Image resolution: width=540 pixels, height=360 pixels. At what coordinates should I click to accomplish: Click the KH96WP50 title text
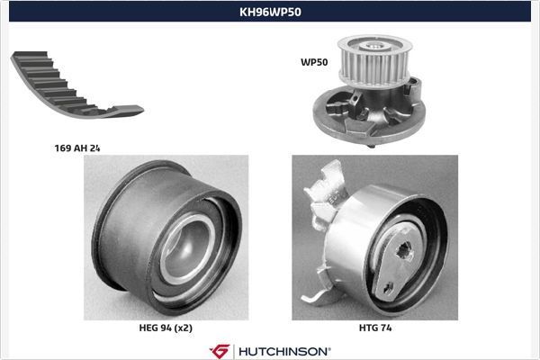270,13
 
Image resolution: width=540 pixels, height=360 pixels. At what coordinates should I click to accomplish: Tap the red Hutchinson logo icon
219,350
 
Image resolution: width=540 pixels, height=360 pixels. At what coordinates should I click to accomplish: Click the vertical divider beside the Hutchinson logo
233,350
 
